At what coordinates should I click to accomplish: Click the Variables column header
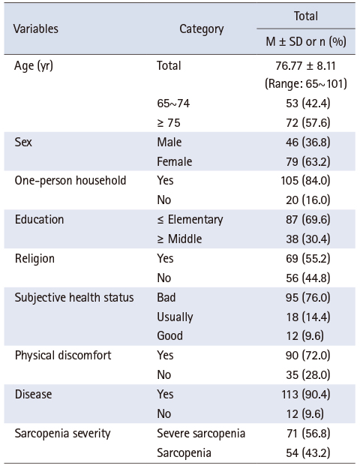coord(36,29)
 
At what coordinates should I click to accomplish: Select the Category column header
coord(202,29)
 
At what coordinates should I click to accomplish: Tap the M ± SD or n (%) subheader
coord(306,41)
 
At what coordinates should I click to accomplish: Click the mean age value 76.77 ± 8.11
coord(306,66)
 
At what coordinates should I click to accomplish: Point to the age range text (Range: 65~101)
coord(306,83)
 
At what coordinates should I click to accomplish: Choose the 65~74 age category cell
coord(173,103)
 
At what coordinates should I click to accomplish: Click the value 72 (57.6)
coord(308,123)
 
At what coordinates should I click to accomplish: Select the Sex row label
coord(23,142)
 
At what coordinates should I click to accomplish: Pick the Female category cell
coord(175,161)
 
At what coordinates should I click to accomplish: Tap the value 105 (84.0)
coord(306,181)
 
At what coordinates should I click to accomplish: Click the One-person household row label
coord(70,181)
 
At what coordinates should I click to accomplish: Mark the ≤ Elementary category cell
coord(190,220)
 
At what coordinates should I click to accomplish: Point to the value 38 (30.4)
coord(308,239)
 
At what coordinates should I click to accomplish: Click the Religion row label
coord(34,259)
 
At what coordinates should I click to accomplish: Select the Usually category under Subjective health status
coord(175,317)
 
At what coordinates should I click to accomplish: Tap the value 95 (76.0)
coord(308,297)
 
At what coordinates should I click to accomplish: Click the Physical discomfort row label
coord(63,356)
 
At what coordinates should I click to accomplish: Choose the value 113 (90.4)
coord(306,395)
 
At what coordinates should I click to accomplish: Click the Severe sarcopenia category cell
coord(201,434)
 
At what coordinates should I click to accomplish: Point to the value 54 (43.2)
coord(308,453)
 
